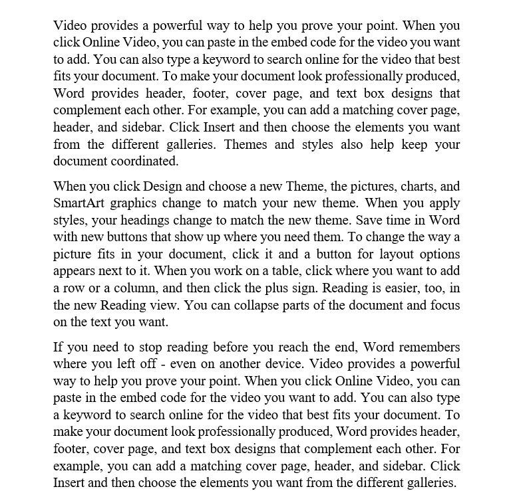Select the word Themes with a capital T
pos(246,144)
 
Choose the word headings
pos(168,221)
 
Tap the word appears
pos(75,271)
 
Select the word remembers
pos(429,347)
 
